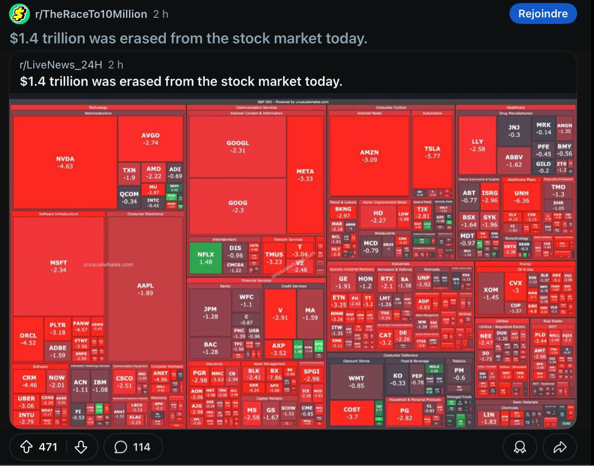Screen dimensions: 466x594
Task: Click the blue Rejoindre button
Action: (543, 14)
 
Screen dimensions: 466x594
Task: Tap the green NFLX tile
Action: (206, 258)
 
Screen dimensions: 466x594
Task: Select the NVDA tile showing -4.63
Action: (65, 162)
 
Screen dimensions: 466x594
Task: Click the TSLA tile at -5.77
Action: (432, 152)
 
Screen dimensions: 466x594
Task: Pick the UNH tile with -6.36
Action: (521, 196)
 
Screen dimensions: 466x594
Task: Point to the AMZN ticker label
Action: (369, 153)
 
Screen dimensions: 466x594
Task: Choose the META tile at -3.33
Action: (305, 175)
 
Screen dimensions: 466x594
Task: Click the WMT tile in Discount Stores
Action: (356, 382)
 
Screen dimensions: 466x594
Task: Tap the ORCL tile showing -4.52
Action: (28, 339)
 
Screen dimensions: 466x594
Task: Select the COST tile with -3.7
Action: (351, 413)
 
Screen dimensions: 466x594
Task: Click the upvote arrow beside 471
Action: (26, 447)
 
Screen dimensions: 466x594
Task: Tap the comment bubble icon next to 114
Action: (120, 447)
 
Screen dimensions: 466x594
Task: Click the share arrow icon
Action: (559, 448)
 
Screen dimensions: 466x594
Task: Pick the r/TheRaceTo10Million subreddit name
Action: (91, 14)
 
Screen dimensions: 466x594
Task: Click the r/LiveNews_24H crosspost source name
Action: (61, 65)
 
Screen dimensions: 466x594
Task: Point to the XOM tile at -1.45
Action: (491, 293)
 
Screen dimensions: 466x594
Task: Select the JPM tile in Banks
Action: (210, 312)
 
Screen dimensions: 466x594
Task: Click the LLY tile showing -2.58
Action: (477, 145)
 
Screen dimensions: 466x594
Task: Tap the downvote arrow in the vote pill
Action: (80, 447)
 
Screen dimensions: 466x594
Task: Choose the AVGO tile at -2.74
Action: (150, 139)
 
